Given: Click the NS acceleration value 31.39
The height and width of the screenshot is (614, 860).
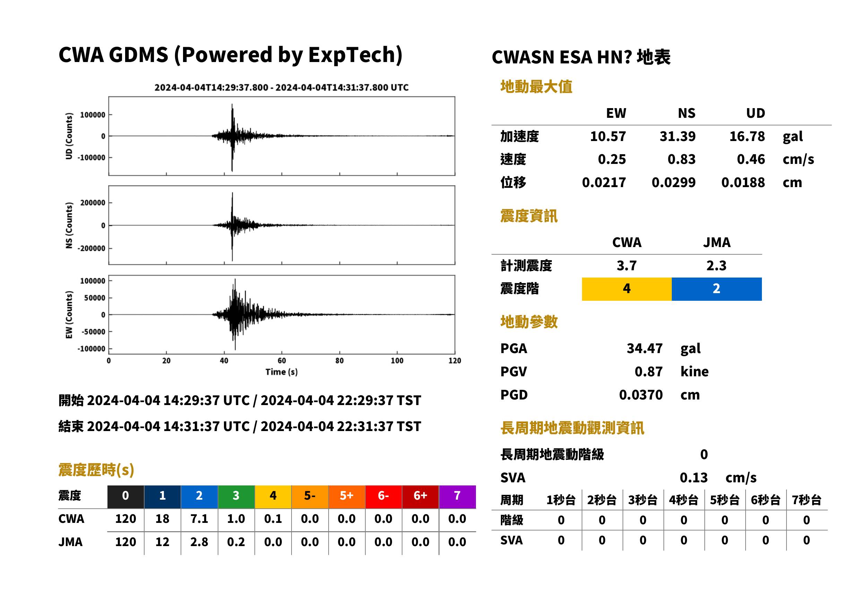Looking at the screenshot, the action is pos(677,137).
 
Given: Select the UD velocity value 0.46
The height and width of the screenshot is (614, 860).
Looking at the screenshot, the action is pos(751,159).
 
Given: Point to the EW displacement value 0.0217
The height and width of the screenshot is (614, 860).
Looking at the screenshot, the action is pos(604,183).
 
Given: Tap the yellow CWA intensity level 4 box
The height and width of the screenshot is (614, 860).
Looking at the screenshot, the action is pos(627,289).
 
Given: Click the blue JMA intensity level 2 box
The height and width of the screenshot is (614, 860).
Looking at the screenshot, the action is pos(717,289).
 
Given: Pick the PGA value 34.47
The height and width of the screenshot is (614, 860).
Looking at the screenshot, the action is pos(644,349).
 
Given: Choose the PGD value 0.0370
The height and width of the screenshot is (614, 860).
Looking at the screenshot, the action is pos(641,395).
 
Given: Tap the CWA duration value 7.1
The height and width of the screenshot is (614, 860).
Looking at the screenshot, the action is pos(199,519).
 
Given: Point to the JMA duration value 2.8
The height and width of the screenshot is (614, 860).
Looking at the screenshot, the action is pos(199,542).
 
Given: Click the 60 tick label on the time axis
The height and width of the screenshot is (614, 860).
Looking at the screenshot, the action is pos(282,361).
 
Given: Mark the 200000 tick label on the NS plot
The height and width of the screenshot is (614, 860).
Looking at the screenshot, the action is pos(93,203).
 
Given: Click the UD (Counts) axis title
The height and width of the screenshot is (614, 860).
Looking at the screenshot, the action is pos(69,136).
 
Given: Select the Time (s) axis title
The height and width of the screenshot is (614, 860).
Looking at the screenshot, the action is pos(281,372).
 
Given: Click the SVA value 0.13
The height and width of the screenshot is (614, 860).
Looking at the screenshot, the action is pos(694,478).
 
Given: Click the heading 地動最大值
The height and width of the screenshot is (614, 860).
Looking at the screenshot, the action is pos(536,87).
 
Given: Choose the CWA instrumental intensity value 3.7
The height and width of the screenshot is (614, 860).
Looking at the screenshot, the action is pos(627,266).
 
